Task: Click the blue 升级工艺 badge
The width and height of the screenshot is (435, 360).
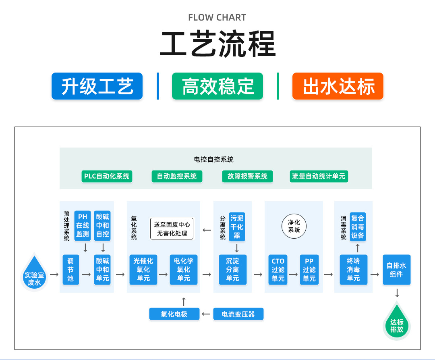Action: coord(97,86)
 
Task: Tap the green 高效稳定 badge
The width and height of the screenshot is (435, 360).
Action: coord(217,86)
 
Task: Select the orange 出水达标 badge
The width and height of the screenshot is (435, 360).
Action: coord(338,86)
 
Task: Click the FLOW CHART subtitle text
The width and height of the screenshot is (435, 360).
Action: coord(217,17)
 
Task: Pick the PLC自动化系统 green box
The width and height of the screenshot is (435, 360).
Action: coord(107,176)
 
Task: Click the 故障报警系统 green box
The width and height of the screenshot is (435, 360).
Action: coord(247,176)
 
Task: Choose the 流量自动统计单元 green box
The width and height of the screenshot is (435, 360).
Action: coord(319,176)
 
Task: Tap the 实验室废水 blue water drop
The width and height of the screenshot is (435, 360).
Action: coord(34,273)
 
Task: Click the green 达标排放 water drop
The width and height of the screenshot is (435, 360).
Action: coord(397,323)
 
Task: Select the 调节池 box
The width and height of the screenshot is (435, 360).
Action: coord(71,270)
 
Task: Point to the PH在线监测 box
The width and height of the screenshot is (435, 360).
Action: coord(83,225)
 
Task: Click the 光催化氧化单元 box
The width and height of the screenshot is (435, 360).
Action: coord(143,270)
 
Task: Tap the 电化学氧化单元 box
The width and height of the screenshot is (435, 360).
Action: coord(184,270)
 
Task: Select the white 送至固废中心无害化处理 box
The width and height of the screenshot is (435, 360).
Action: coord(172,229)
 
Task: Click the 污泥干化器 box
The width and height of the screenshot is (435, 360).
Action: coord(237,227)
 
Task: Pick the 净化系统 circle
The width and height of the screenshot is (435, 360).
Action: coord(294,226)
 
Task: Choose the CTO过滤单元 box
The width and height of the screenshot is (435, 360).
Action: coord(278,270)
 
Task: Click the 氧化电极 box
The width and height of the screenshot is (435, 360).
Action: coord(174,314)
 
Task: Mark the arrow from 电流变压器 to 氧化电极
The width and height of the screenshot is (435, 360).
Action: coord(206,314)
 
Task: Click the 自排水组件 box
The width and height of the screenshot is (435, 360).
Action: coord(397,270)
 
